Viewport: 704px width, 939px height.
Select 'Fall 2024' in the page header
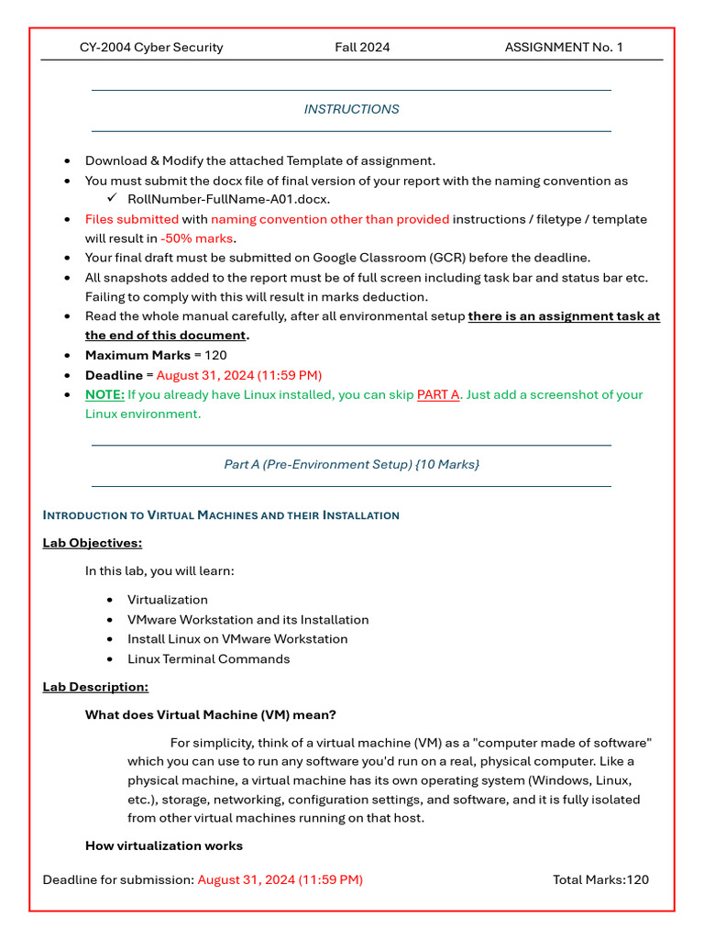point(362,47)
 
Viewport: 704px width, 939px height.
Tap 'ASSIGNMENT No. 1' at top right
point(563,47)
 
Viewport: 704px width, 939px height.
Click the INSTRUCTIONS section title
point(352,109)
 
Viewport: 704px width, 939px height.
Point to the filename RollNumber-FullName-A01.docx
point(229,199)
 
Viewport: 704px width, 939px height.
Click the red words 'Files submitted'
point(132,219)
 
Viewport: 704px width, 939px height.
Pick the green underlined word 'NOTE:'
point(104,394)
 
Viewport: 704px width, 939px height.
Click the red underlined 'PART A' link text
point(438,394)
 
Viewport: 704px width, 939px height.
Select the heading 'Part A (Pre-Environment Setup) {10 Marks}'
point(352,465)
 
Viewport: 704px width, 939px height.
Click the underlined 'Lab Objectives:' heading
point(93,543)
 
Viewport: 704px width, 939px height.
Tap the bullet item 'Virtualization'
point(168,600)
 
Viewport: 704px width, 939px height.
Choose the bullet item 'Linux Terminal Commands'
point(208,659)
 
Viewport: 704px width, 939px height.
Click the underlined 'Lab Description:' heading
point(95,687)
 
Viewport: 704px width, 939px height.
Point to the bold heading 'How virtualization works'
point(164,845)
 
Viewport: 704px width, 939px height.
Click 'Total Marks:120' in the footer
point(600,879)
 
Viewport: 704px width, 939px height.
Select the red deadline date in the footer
point(280,879)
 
